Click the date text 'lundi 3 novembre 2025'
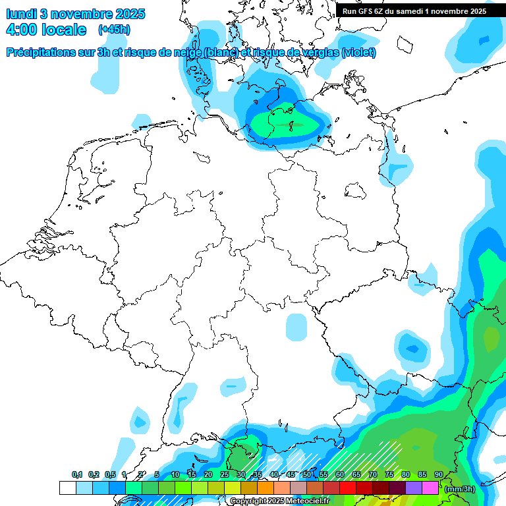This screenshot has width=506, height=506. pos(76,14)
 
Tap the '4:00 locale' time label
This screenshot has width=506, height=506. pos(46,30)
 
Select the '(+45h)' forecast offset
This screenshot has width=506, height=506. pos(114,30)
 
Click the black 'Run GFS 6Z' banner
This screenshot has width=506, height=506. pos(414,11)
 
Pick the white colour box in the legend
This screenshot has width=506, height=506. pos(67,488)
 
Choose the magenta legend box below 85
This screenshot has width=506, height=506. pos(430,488)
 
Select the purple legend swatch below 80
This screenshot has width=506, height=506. pos(414,488)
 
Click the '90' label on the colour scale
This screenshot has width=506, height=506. pos(439,474)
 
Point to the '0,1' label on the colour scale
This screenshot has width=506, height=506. pos(77,474)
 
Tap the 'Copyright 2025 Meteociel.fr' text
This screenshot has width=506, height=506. pos(279,501)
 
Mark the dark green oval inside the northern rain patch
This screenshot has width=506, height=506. pos(290,124)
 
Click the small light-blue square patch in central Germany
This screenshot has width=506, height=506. pos(296,327)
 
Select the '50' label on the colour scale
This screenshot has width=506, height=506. pos(307,474)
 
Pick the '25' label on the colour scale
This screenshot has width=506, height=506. pos(225,474)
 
